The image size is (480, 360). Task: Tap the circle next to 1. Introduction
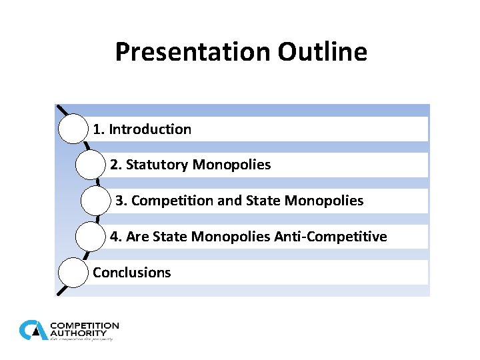(x=73, y=129)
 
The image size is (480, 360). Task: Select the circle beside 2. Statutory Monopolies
(x=90, y=165)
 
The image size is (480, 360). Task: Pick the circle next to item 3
(x=95, y=201)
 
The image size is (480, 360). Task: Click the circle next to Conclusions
(x=73, y=273)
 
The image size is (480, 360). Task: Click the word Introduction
(x=150, y=129)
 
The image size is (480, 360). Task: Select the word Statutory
(x=157, y=165)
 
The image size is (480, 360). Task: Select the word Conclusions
(x=131, y=273)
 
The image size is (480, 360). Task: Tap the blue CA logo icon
(x=33, y=330)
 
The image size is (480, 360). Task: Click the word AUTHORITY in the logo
(x=78, y=333)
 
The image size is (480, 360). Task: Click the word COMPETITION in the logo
(x=85, y=326)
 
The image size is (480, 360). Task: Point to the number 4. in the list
(x=115, y=237)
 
